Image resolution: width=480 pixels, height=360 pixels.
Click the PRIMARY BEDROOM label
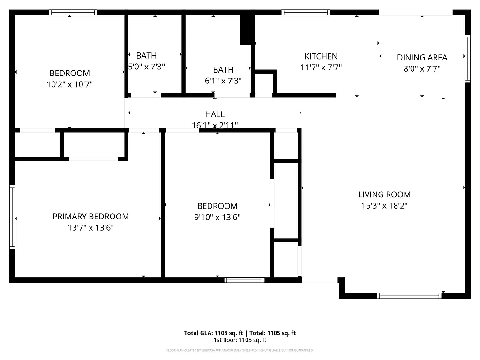pyautogui.click(x=90, y=217)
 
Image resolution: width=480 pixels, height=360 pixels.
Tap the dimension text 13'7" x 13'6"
pyautogui.click(x=90, y=228)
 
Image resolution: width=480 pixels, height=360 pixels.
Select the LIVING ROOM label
pyautogui.click(x=384, y=195)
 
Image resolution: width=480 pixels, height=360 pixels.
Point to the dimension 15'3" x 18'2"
pyautogui.click(x=384, y=205)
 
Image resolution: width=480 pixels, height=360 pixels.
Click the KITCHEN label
pyautogui.click(x=321, y=56)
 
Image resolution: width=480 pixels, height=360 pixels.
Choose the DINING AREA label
pyautogui.click(x=422, y=58)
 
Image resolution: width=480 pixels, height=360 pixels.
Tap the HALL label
pyautogui.click(x=215, y=114)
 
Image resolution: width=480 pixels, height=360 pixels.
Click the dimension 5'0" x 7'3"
pyautogui.click(x=147, y=67)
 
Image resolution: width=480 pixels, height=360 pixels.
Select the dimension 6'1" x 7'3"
pyautogui.click(x=223, y=81)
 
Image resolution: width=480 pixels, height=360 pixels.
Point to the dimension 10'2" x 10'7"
pyautogui.click(x=69, y=84)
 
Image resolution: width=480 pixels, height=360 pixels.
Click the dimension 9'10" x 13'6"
pyautogui.click(x=217, y=217)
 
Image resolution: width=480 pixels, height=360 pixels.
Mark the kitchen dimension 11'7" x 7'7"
pyautogui.click(x=321, y=67)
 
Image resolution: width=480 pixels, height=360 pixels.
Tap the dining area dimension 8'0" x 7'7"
pyautogui.click(x=422, y=69)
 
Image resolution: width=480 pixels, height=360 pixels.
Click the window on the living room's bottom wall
pyautogui.click(x=409, y=295)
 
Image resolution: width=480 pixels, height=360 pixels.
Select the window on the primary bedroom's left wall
pyautogui.click(x=12, y=217)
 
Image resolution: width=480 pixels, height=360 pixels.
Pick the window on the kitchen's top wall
pyautogui.click(x=306, y=13)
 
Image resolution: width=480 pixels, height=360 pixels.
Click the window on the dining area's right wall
pyautogui.click(x=467, y=59)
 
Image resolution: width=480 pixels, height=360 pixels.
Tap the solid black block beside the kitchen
pyautogui.click(x=247, y=30)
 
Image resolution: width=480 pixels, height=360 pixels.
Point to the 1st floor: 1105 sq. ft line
pyautogui.click(x=240, y=340)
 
